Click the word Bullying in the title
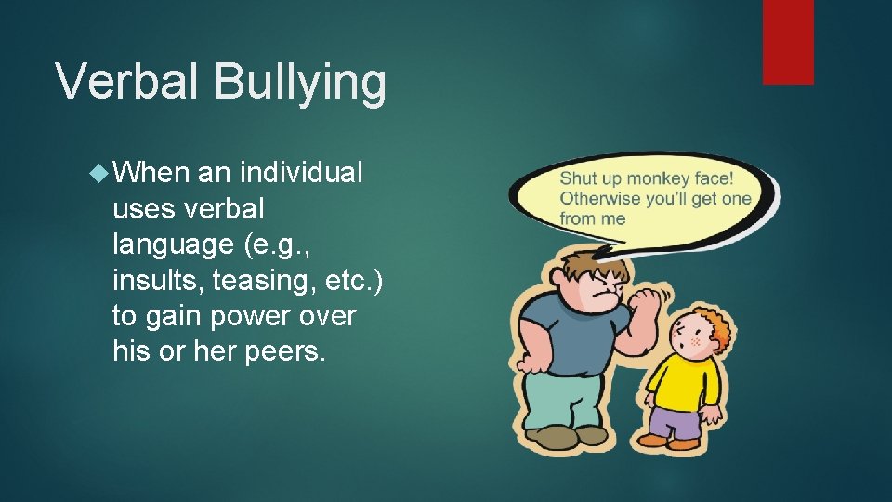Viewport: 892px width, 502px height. (299, 82)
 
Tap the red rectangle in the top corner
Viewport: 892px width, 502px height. (788, 41)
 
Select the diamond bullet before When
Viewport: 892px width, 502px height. (99, 173)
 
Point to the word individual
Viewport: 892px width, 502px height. (301, 173)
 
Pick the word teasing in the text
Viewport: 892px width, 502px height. (260, 280)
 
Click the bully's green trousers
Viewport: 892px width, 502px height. (554, 400)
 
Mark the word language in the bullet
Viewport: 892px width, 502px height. (176, 244)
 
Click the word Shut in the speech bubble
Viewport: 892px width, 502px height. (577, 178)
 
